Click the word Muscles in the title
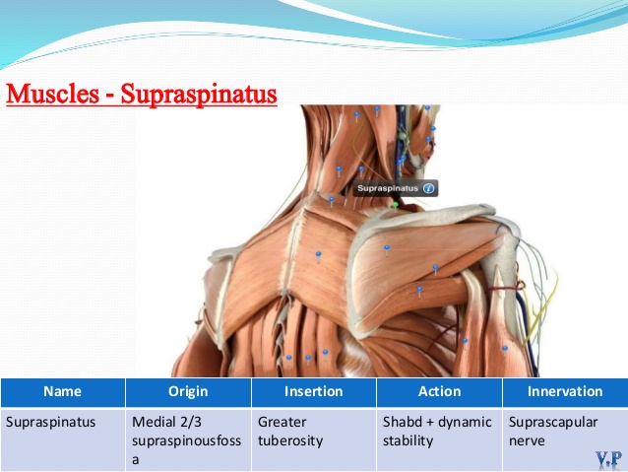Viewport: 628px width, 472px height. (x=53, y=94)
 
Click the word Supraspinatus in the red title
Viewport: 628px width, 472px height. (x=199, y=95)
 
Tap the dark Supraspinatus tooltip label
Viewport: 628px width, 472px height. (x=396, y=188)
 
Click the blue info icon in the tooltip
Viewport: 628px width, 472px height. (x=428, y=188)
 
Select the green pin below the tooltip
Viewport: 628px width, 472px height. (x=396, y=205)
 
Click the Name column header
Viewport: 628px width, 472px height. (x=63, y=392)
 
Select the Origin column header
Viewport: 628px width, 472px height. (x=188, y=392)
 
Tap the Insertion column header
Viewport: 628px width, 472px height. (x=314, y=392)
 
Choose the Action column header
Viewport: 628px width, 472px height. (x=439, y=392)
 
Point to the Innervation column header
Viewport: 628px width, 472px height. (x=565, y=392)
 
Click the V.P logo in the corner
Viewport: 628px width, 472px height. (x=608, y=459)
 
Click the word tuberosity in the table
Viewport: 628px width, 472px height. (x=290, y=441)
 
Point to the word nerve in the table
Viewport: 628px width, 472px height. (x=527, y=441)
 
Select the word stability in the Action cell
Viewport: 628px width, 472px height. (x=408, y=441)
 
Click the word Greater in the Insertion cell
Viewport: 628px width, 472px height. (x=282, y=423)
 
